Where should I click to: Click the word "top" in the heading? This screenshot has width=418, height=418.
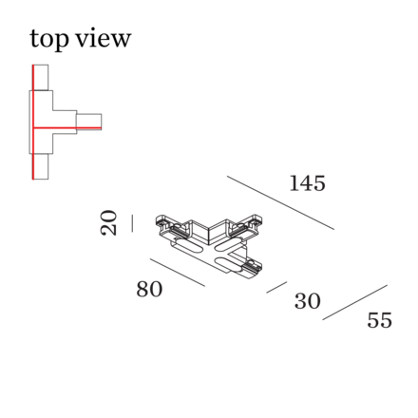tap(49, 39)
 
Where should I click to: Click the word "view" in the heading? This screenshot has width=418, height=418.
tap(104, 38)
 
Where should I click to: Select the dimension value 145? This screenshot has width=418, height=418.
tap(308, 183)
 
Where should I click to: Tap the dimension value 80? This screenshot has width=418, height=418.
tap(149, 289)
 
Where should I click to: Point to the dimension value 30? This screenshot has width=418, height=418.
tap(308, 301)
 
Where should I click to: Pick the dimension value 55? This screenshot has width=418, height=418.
tap(379, 320)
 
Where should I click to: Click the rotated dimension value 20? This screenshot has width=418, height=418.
tap(108, 223)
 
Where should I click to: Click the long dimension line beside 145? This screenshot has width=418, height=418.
tap(280, 202)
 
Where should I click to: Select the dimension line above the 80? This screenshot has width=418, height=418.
tap(178, 273)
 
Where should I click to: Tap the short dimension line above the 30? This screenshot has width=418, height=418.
tap(276, 287)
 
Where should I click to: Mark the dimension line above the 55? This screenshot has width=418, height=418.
tap(355, 302)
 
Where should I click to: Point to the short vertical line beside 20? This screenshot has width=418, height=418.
tap(132, 223)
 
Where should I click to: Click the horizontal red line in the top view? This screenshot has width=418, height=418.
tap(67, 128)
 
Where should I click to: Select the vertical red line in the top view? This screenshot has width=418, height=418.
tap(33, 122)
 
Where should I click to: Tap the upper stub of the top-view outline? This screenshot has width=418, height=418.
tap(41, 78)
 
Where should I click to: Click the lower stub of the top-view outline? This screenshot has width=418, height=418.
tap(41, 166)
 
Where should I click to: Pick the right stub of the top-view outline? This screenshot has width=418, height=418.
tap(89, 122)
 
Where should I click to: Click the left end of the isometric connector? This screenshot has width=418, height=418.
tap(165, 226)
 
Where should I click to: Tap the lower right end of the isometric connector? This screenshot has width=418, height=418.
tap(251, 269)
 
